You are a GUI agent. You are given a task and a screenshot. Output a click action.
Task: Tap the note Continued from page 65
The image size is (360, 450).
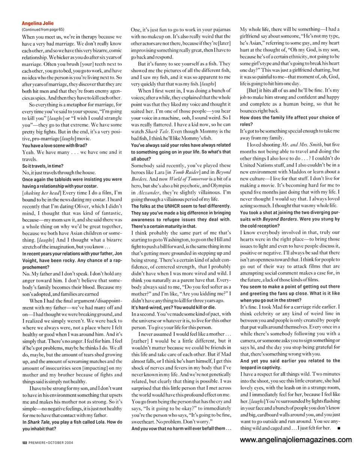[x=43, y=29]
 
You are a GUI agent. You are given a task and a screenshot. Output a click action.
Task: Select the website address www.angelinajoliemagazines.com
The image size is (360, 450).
[x=296, y=439]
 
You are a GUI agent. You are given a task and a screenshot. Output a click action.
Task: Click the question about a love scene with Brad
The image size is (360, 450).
[x=57, y=145]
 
